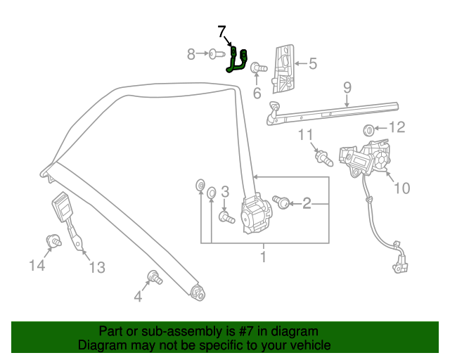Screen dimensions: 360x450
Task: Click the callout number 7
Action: click(x=222, y=32)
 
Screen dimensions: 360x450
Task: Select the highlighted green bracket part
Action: click(x=237, y=60)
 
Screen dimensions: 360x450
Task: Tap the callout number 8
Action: click(x=191, y=53)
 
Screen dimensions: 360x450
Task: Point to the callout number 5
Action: click(x=312, y=64)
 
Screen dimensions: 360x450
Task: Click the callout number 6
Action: click(x=257, y=92)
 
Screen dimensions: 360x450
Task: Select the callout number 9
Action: click(x=347, y=87)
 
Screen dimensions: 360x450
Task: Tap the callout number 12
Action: click(x=397, y=127)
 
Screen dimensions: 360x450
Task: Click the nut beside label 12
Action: click(x=367, y=129)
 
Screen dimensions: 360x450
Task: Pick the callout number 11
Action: click(x=307, y=134)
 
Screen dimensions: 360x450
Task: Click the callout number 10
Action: click(x=401, y=188)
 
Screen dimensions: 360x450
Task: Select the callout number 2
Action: click(x=307, y=204)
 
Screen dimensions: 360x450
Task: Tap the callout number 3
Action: click(x=225, y=191)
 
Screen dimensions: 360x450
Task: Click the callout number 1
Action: click(x=263, y=257)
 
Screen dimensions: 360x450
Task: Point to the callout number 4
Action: click(x=138, y=297)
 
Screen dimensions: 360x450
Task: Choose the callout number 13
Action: click(x=96, y=267)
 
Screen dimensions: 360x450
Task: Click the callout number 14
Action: click(x=37, y=265)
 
